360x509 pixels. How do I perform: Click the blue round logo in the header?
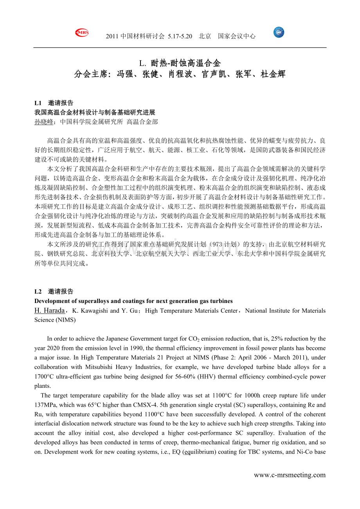tap(279, 33)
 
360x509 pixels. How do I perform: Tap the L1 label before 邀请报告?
tap(38, 103)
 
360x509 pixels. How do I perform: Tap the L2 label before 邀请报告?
tap(38, 292)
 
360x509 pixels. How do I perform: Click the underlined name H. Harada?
tap(50, 311)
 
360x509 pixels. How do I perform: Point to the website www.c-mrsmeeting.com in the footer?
tap(290, 475)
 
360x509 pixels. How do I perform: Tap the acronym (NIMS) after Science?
tap(65, 320)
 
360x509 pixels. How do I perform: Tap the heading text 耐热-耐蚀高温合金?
tap(186, 63)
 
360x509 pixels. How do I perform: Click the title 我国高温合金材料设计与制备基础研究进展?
tap(95, 113)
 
